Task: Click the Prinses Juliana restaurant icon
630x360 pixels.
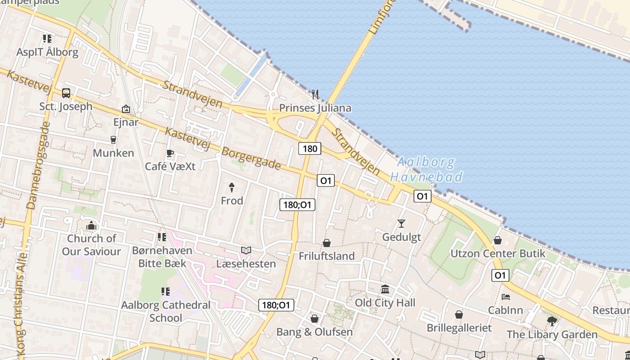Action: pos(315,94)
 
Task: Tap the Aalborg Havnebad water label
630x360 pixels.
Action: pos(426,169)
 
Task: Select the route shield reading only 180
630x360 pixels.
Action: pos(310,148)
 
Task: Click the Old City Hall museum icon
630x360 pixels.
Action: pos(385,289)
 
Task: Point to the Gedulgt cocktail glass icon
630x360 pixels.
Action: pos(401,223)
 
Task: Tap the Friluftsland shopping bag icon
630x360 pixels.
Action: pos(327,243)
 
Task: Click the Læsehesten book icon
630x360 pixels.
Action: pos(246,250)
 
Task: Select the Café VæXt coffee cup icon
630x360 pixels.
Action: pos(170,153)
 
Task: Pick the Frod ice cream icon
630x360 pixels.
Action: pos(232,187)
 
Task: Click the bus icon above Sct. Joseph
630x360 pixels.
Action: pos(66,93)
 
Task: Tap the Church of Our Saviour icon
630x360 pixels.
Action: pos(91,225)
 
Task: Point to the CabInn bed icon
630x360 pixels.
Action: pos(506,297)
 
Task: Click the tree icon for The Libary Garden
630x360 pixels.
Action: pos(552,321)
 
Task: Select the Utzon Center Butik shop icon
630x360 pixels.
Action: pos(498,240)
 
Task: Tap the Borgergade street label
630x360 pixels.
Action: pos(251,158)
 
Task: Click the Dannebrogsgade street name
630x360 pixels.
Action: pos(38,166)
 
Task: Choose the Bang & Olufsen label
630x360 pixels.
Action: pos(315,332)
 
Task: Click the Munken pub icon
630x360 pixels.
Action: pos(113,140)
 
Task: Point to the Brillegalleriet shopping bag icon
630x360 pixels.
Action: pos(459,315)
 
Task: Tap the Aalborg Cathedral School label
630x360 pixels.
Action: pos(166,311)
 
